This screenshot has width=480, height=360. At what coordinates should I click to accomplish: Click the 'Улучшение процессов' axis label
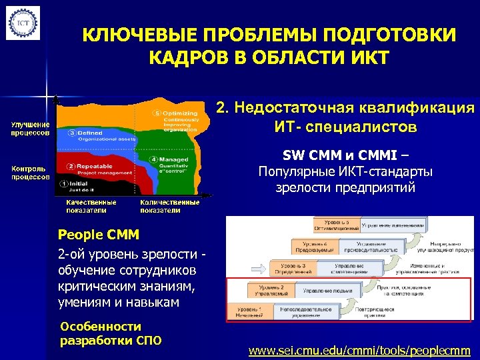(29, 128)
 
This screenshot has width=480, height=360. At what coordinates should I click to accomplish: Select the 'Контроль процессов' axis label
(29, 173)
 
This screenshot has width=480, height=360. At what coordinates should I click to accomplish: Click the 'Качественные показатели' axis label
(91, 206)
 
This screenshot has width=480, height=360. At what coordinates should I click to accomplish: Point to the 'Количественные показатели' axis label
(169, 206)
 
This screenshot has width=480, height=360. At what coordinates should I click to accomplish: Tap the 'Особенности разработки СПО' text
(111, 333)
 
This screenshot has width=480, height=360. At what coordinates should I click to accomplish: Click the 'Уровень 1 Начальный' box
(252, 313)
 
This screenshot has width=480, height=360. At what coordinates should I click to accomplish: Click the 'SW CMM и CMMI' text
(345, 156)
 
